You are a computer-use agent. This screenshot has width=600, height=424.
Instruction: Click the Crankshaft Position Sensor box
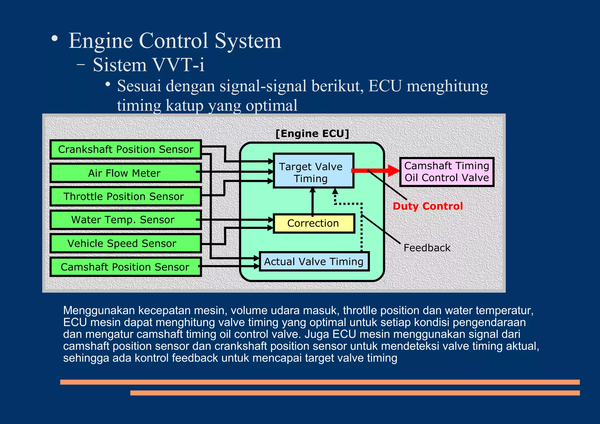(126, 149)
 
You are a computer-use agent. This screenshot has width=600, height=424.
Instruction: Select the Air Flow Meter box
(124, 173)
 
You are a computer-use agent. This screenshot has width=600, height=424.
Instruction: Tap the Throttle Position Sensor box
(124, 196)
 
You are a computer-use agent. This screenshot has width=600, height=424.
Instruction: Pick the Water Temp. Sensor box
(123, 220)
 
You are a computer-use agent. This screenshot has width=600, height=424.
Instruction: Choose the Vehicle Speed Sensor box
(122, 243)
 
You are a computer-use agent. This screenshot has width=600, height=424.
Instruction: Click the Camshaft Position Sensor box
(125, 267)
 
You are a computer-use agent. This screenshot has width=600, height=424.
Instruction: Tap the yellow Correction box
(313, 223)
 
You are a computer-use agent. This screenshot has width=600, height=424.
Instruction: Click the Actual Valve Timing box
(314, 261)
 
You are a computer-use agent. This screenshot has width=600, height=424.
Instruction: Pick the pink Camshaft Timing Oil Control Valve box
(446, 172)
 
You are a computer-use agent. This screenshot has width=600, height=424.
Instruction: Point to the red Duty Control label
(428, 206)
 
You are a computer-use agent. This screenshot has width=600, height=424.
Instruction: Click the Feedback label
(427, 248)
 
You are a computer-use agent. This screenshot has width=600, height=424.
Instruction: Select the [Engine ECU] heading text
(312, 134)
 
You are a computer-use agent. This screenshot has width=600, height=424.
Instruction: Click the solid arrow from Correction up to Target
(313, 202)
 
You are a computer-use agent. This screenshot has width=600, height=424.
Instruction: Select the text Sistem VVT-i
(149, 65)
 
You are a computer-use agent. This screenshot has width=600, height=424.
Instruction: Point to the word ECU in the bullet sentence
(385, 86)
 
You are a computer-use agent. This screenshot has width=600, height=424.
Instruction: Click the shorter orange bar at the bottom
(355, 393)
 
